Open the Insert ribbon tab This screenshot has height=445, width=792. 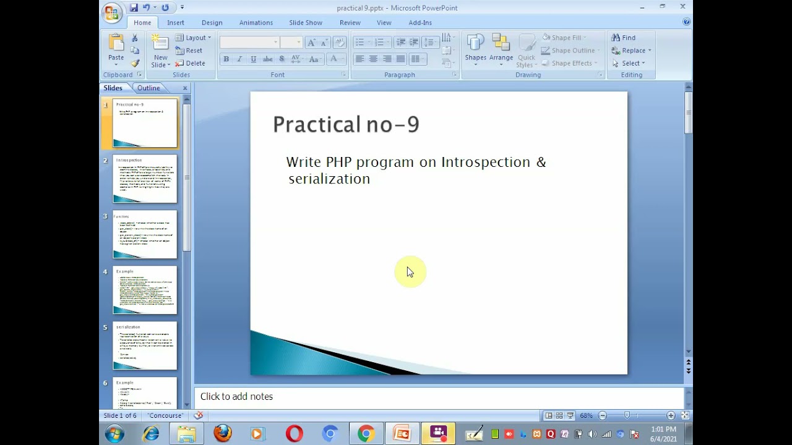click(x=175, y=23)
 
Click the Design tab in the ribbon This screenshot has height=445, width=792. click(x=212, y=23)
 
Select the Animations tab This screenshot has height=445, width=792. click(x=256, y=23)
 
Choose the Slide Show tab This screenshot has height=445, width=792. click(x=306, y=23)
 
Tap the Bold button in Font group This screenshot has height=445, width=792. click(x=226, y=59)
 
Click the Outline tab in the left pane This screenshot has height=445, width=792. click(x=148, y=88)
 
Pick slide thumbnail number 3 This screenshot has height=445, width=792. click(x=145, y=234)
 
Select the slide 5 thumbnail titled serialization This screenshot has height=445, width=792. click(x=145, y=345)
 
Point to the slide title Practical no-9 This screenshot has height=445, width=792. click(x=346, y=124)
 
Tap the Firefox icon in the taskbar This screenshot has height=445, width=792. click(x=223, y=433)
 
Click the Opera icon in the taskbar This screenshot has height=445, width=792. click(x=295, y=433)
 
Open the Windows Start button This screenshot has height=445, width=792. click(x=114, y=434)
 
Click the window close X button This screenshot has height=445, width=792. click(x=682, y=7)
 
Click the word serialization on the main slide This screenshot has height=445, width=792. click(x=329, y=179)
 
